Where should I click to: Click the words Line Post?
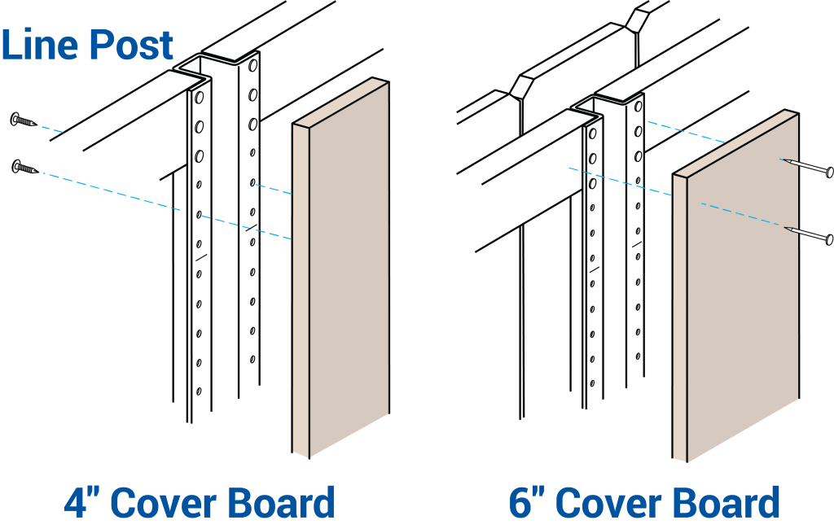87,45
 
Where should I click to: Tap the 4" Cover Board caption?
200,503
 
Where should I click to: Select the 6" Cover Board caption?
644,503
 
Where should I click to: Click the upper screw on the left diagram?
24,121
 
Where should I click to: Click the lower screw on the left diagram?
25,168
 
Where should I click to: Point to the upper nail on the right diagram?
806,166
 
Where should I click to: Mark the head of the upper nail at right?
829,172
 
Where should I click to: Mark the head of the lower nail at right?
829,239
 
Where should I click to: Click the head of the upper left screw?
15,120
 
